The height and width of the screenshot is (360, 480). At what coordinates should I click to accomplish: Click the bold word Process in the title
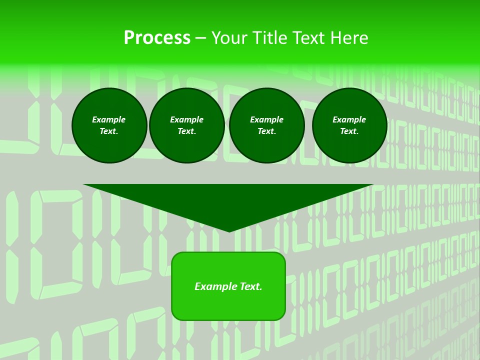pos(157,38)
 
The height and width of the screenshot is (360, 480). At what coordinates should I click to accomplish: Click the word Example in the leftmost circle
pos(109,119)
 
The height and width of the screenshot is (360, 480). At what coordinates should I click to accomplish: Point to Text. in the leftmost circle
pos(109,131)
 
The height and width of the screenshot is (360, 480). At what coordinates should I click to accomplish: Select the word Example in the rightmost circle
pos(349,119)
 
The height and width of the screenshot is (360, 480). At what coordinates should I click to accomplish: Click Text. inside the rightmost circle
pos(349,131)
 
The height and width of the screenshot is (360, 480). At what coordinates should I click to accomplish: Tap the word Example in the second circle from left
pos(187,119)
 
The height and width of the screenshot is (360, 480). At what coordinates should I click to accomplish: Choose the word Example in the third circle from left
pos(266,119)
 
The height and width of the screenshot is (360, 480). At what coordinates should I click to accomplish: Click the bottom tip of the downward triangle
pos(229,230)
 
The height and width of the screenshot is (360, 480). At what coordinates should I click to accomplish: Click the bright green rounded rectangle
pos(228,305)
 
